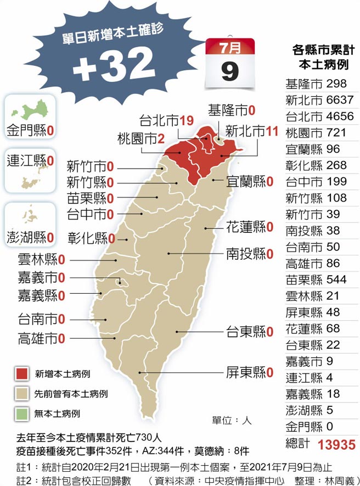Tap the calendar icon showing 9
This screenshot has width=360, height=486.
[230, 62]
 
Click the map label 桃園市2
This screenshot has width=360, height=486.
[141, 139]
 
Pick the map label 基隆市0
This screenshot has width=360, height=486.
[232, 111]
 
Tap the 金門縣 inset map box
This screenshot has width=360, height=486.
[30, 116]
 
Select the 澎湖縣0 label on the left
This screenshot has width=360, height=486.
[31, 238]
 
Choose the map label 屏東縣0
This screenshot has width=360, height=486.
[250, 373]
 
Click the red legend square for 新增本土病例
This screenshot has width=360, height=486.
[22, 374]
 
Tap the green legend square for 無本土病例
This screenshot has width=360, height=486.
[22, 413]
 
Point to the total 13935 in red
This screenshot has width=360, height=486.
[333, 445]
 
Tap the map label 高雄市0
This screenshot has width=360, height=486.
[41, 337]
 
